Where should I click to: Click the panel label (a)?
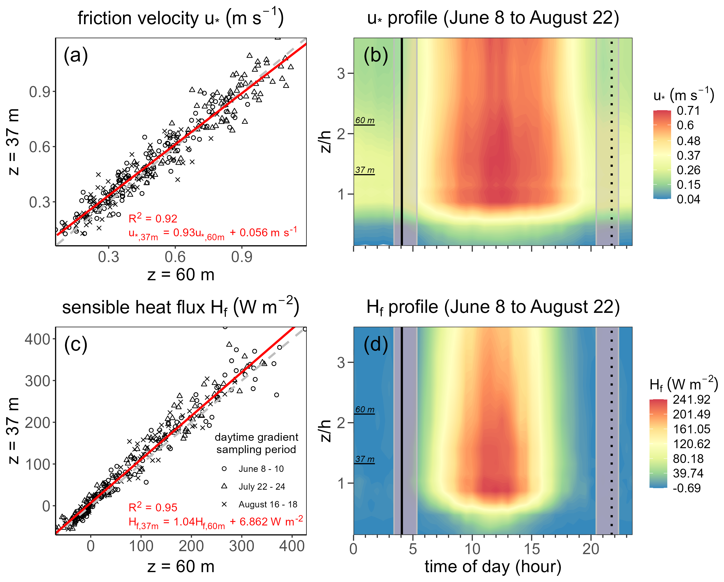[x=76, y=55]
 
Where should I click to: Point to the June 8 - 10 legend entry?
[x=261, y=469]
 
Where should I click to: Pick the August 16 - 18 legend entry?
[x=268, y=504]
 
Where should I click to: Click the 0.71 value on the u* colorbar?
[x=688, y=111]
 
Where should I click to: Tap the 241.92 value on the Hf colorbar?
[x=691, y=400]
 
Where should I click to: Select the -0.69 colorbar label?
[x=687, y=488]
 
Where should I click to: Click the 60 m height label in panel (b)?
[x=365, y=120]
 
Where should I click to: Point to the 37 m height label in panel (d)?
[x=365, y=459]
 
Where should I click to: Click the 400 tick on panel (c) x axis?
[x=292, y=546]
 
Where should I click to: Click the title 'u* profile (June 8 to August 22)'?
[x=493, y=18]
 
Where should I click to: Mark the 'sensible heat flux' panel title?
[x=181, y=307]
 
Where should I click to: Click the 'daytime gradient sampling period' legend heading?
[x=256, y=443]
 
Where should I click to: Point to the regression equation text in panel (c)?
[x=215, y=522]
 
